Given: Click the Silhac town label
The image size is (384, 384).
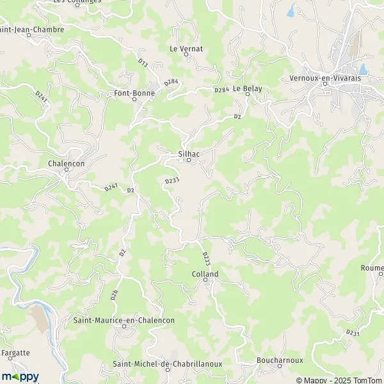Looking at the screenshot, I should (188, 154).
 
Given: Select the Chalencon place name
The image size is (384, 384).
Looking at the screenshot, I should (66, 163).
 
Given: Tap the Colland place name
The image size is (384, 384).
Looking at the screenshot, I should (205, 274).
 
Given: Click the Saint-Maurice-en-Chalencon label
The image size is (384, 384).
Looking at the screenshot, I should (124, 319).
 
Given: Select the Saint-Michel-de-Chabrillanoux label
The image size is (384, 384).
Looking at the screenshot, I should (167, 364).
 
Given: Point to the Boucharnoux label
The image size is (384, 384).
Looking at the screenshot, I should (279, 360).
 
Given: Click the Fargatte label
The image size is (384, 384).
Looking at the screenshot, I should (15, 353).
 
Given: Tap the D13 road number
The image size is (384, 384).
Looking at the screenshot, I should (143, 63).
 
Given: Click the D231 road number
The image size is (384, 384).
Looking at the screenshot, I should (352, 333).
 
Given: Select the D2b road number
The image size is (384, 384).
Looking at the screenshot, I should (114, 294).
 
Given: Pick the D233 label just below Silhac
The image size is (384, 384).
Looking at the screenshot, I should (172, 182).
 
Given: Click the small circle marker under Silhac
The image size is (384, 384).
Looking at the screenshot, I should (188, 160).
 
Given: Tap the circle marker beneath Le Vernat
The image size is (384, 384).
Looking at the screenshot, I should (186, 54).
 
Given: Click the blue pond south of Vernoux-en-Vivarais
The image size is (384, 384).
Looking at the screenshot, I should (364, 68).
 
